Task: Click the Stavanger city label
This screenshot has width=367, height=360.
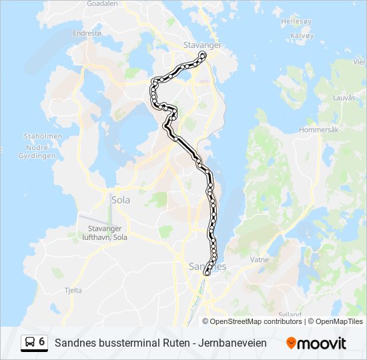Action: click(x=202, y=45)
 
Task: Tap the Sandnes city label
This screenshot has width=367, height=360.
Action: click(x=208, y=266)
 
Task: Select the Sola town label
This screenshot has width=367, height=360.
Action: click(x=121, y=199)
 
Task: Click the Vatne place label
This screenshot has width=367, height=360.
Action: click(x=260, y=259)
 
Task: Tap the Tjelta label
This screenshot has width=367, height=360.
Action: click(x=73, y=290)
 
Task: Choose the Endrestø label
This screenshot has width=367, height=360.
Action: click(x=87, y=32)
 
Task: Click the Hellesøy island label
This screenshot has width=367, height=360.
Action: click(x=296, y=21)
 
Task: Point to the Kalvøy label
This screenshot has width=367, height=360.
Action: click(x=302, y=35)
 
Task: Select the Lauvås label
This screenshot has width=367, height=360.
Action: click(x=344, y=97)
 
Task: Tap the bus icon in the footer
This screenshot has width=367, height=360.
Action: click(x=29, y=343)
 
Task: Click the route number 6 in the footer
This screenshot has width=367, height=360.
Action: click(x=42, y=342)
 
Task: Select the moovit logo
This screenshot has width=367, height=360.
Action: click(x=316, y=343)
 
